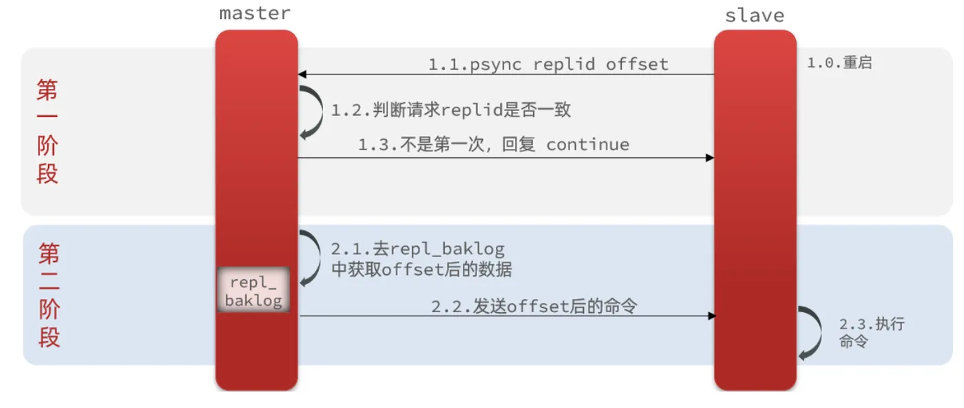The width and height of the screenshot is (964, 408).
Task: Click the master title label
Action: (x=255, y=13)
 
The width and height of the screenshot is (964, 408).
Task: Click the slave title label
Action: (x=755, y=15)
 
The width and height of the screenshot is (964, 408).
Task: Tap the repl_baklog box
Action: (x=253, y=291)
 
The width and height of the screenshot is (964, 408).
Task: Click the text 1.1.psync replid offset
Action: (x=548, y=64)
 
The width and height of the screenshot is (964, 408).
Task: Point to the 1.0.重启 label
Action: (x=839, y=63)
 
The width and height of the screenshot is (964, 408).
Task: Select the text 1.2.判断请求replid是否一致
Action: (x=451, y=110)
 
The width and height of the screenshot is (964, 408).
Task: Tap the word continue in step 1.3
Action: (x=587, y=145)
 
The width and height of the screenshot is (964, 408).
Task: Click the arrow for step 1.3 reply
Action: (x=505, y=158)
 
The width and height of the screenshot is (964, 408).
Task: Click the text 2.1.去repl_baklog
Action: (x=417, y=249)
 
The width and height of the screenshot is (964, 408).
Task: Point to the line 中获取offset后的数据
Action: (x=421, y=269)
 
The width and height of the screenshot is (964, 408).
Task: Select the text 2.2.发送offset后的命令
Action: (x=534, y=306)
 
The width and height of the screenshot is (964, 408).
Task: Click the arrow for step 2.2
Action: (x=507, y=316)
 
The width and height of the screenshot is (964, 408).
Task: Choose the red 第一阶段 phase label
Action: (x=48, y=131)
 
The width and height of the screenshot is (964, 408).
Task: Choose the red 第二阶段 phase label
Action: (x=49, y=295)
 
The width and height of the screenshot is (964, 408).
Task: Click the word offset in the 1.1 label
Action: (x=637, y=64)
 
